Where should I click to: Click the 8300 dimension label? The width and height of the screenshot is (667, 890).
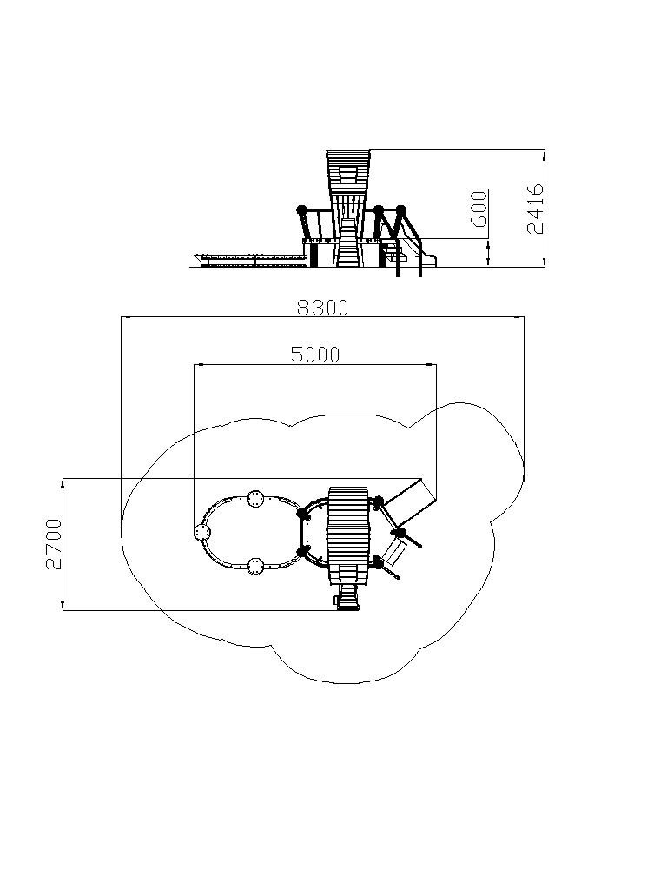(x=323, y=308)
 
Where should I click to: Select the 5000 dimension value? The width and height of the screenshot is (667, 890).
(x=315, y=355)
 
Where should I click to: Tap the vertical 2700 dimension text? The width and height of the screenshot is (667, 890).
(x=54, y=544)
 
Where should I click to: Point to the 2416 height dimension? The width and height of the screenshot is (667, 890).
(x=535, y=209)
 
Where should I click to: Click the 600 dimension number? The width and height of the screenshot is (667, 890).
(x=479, y=209)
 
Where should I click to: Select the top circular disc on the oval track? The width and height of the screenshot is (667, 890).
(x=256, y=500)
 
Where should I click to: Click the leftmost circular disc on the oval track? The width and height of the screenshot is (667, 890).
(x=202, y=533)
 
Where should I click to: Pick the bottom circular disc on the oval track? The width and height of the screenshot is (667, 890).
(x=256, y=566)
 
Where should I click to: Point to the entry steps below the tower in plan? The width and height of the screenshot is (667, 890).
(x=347, y=597)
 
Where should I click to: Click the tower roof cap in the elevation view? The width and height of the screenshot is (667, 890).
(x=348, y=156)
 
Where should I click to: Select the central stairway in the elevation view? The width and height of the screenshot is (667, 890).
(x=347, y=242)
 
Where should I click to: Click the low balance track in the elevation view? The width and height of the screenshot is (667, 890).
(x=248, y=261)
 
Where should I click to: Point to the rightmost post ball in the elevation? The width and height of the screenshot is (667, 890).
(x=401, y=209)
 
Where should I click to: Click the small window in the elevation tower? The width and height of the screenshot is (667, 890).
(x=348, y=173)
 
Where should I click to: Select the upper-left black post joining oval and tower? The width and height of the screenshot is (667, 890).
(x=303, y=515)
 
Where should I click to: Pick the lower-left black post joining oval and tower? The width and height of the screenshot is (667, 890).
(x=303, y=551)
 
